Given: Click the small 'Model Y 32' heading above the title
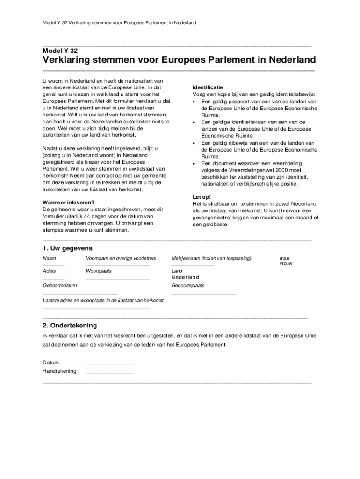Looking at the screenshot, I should pos(60,51).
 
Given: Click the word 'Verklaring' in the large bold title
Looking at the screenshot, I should pos(71,61).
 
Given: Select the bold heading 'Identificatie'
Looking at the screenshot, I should pos(208,87).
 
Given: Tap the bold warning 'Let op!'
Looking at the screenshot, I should pos(202,197).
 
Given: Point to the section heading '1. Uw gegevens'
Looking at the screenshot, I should pos(67,248).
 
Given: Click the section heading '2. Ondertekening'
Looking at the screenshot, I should pos(70,325).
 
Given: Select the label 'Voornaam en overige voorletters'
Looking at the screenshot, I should pos(121,258).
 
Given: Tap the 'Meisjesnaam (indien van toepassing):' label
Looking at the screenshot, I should pos(212,258).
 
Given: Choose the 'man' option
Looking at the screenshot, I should pos(284,258).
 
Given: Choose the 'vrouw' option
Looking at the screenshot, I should pos(286,263).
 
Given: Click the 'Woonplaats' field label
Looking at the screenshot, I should pos(99,271).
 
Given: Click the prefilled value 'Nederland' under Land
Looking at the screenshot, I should pos(185,277).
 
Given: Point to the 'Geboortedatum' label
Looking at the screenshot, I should pos(60,285).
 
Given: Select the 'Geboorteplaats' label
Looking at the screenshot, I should pos(188,285).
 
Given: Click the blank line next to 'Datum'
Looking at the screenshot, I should pos(110,364).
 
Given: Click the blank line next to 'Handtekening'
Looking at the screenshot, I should pos(110,373).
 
